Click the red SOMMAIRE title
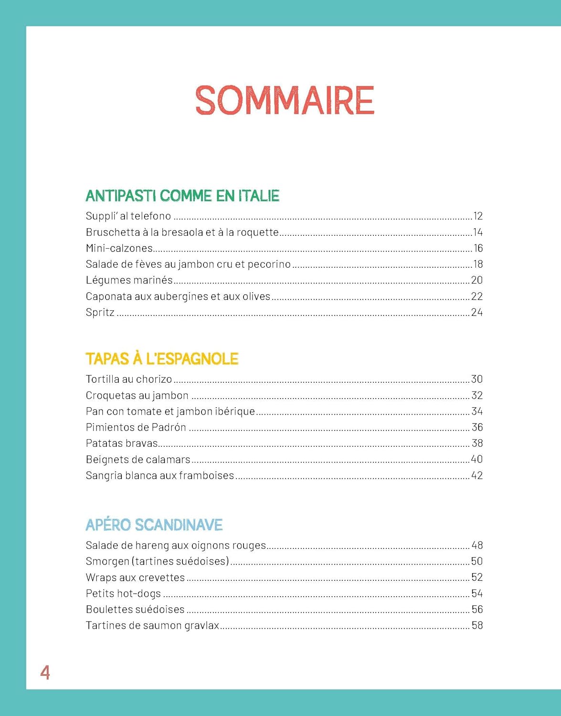[x=285, y=100]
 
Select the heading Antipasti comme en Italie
[x=182, y=196]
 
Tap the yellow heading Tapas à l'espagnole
[x=162, y=359]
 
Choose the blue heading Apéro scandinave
[x=154, y=525]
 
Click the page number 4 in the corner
[x=45, y=673]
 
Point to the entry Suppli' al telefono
[x=128, y=216]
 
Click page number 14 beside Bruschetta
[x=477, y=232]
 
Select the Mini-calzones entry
[x=119, y=248]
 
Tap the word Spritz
[x=100, y=313]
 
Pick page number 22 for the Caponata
[x=477, y=296]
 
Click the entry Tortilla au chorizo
[x=128, y=379]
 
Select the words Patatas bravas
[x=121, y=443]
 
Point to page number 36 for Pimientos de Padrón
[x=477, y=427]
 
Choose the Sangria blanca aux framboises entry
[x=160, y=475]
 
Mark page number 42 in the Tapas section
[x=477, y=475]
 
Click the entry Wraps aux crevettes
[x=135, y=578]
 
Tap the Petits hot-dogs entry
[x=123, y=594]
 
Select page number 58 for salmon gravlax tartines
[x=477, y=625]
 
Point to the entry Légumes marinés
[x=129, y=280]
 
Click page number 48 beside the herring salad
[x=477, y=545]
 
